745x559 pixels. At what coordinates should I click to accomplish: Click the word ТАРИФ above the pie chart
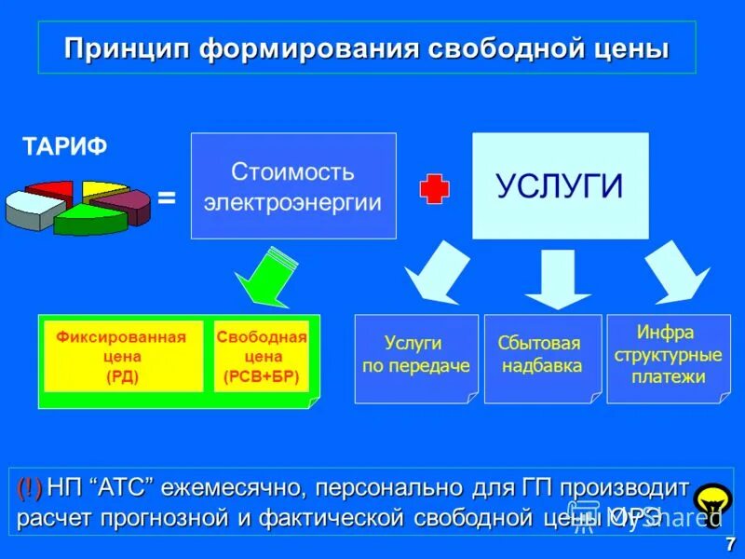pyautogui.click(x=64, y=146)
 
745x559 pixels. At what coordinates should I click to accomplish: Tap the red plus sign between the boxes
pyautogui.click(x=434, y=189)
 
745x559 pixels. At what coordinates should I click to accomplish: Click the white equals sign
pyautogui.click(x=167, y=198)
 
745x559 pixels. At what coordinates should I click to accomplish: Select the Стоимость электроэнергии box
pyautogui.click(x=293, y=185)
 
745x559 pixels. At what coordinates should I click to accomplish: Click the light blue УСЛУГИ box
pyautogui.click(x=560, y=186)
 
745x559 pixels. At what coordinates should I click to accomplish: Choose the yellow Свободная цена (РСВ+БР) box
pyautogui.click(x=262, y=357)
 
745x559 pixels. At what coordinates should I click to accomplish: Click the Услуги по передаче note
pyautogui.click(x=415, y=357)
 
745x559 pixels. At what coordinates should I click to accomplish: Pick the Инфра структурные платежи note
pyautogui.click(x=668, y=356)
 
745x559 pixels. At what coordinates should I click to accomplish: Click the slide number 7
pyautogui.click(x=730, y=544)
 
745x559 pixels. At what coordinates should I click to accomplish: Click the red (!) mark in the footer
pyautogui.click(x=29, y=487)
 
